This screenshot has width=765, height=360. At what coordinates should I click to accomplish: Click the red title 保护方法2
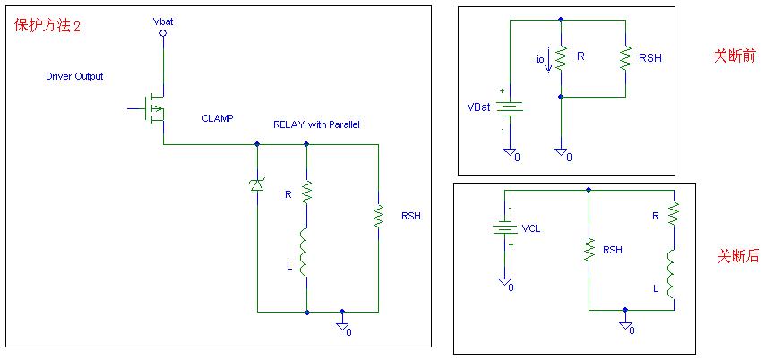(x=48, y=26)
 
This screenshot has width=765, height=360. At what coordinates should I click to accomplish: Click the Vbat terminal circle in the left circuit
(x=163, y=33)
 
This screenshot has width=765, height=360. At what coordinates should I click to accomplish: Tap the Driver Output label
(x=74, y=76)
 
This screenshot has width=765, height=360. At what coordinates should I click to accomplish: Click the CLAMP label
(x=218, y=118)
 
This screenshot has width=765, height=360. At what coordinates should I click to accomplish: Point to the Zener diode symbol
(x=257, y=184)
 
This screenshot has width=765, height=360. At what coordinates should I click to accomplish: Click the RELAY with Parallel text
(x=316, y=124)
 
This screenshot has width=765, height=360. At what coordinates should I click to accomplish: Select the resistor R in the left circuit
(x=306, y=191)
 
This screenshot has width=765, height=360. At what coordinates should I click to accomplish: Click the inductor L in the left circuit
(x=306, y=253)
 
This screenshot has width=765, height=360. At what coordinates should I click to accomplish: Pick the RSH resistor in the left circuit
(x=378, y=216)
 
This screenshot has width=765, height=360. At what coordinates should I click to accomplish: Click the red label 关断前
(x=733, y=56)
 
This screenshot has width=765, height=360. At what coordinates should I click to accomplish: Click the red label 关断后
(x=737, y=256)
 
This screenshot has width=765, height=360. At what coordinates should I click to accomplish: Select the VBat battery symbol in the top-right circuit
(x=509, y=107)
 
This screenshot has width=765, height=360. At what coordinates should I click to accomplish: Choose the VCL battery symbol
(x=504, y=228)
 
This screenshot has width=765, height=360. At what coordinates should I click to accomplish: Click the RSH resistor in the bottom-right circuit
(x=589, y=251)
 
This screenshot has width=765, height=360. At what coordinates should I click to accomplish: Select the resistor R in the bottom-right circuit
(x=674, y=215)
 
